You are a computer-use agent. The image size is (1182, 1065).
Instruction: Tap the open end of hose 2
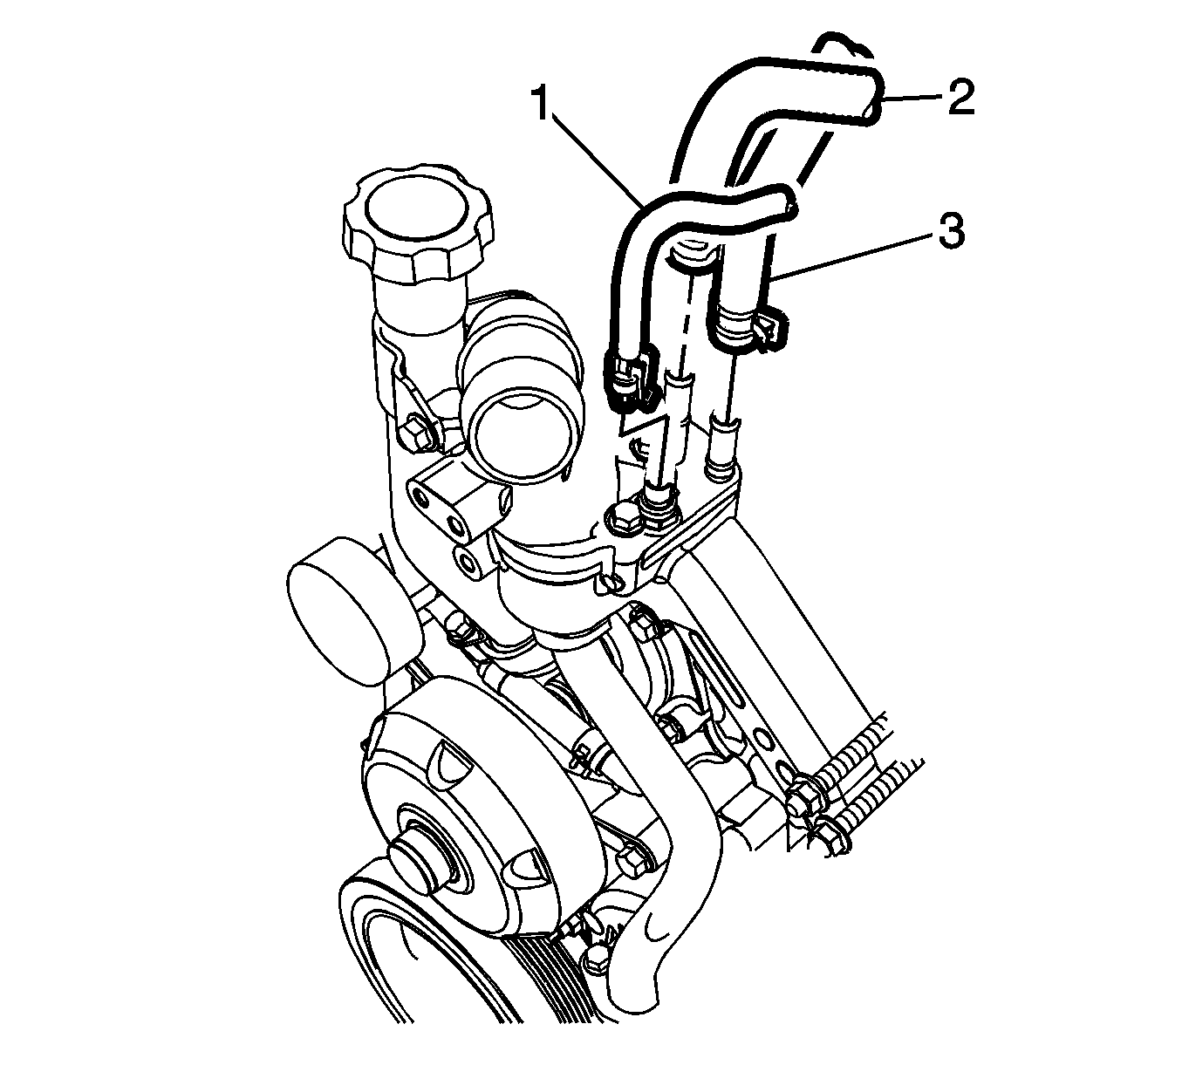(x=868, y=98)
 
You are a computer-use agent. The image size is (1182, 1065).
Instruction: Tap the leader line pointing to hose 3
(x=855, y=256)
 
